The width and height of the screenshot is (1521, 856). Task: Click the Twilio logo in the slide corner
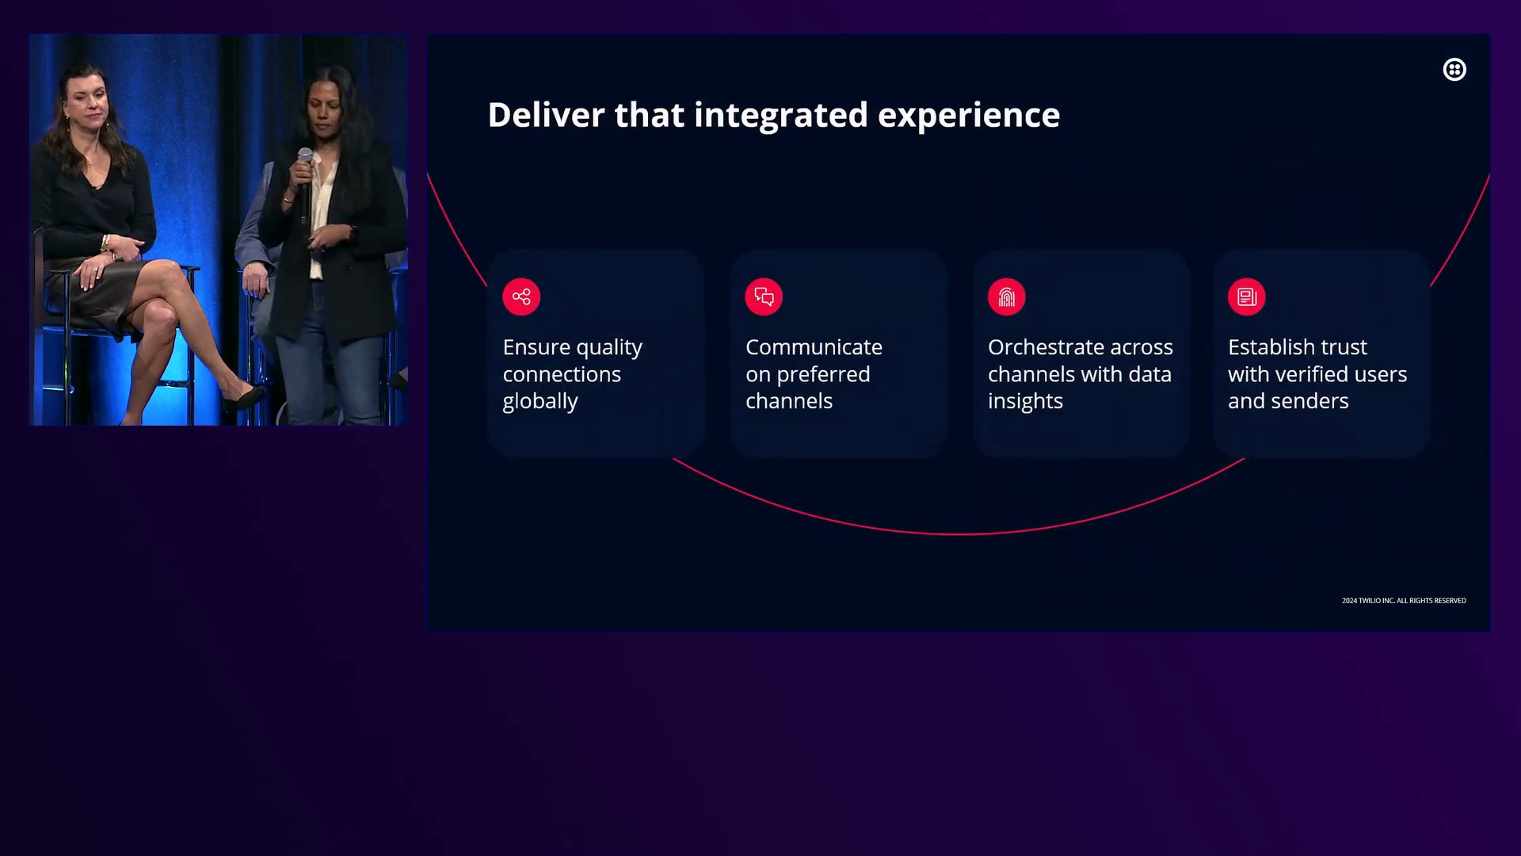1454,70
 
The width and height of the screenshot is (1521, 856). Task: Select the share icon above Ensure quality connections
521,297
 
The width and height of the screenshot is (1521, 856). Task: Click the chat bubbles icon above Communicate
764,297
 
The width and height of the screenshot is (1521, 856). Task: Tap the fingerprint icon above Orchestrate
1007,297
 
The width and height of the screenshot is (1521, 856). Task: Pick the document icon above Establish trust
1247,297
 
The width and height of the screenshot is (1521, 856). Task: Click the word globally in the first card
540,402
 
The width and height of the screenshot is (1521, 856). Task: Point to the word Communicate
814,347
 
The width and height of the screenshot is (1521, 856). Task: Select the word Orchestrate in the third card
1044,347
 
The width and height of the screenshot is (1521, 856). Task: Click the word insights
1025,402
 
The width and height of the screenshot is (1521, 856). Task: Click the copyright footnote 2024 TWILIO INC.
1404,601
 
